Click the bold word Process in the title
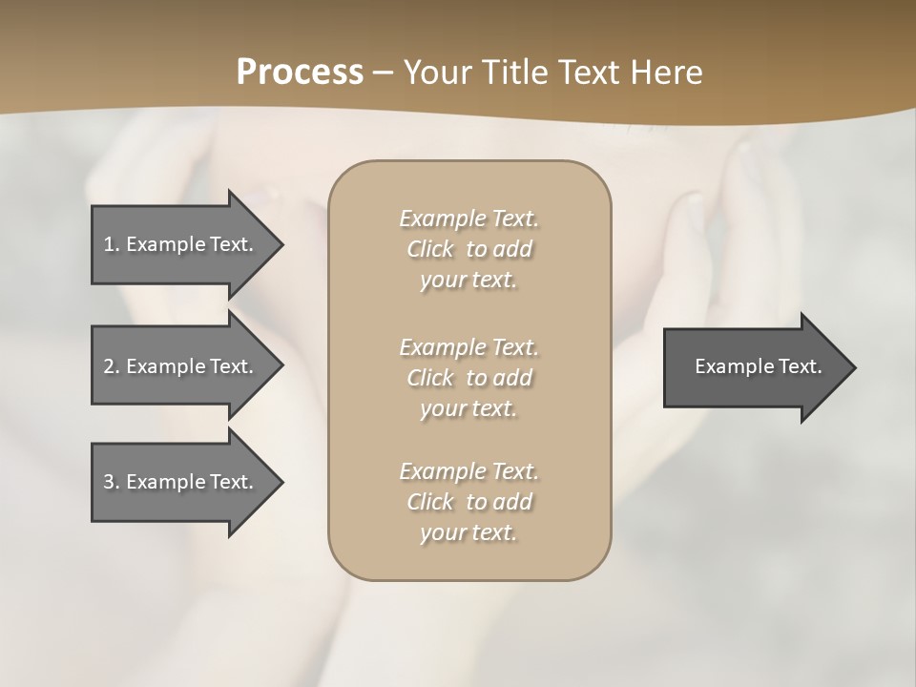click(300, 73)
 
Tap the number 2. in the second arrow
click(112, 366)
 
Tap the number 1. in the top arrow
click(112, 244)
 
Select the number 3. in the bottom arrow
click(112, 482)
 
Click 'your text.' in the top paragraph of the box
click(468, 281)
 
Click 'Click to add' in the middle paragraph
click(468, 378)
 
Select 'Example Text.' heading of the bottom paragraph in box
click(468, 471)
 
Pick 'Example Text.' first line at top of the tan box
click(468, 219)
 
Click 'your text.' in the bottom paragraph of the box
click(468, 532)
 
